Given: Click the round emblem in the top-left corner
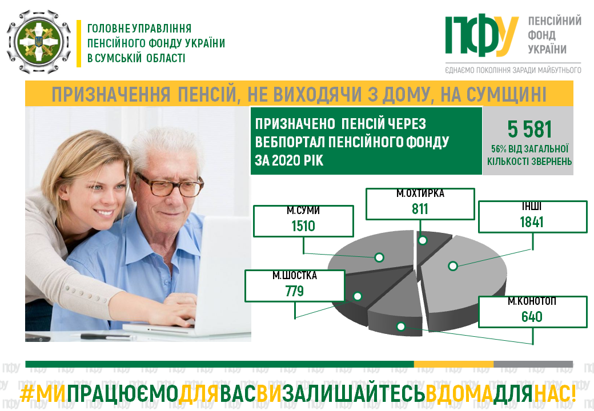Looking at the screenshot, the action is [39, 42].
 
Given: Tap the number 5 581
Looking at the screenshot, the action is [529, 130].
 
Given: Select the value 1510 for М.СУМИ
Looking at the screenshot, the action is [303, 226].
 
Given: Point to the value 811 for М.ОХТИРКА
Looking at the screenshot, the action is [420, 209].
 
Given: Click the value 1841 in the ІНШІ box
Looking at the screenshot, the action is [532, 222].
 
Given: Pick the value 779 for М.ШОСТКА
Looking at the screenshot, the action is [295, 291].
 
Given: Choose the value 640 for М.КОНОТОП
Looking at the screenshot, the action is [532, 317].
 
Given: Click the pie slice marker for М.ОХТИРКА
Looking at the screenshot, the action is [423, 240].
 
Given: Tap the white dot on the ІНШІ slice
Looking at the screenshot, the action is [453, 266].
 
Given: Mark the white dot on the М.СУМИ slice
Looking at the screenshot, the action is [379, 257].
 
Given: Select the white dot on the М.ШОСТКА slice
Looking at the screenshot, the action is [357, 296].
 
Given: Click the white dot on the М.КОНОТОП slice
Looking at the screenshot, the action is [401, 326].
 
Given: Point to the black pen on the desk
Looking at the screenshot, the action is [101, 336].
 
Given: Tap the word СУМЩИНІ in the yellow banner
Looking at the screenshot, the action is [507, 94].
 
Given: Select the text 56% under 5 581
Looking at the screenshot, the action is [499, 149].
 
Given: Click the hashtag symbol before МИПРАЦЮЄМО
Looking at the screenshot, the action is [27, 394].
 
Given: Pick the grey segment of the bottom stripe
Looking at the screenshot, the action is [533, 364].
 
